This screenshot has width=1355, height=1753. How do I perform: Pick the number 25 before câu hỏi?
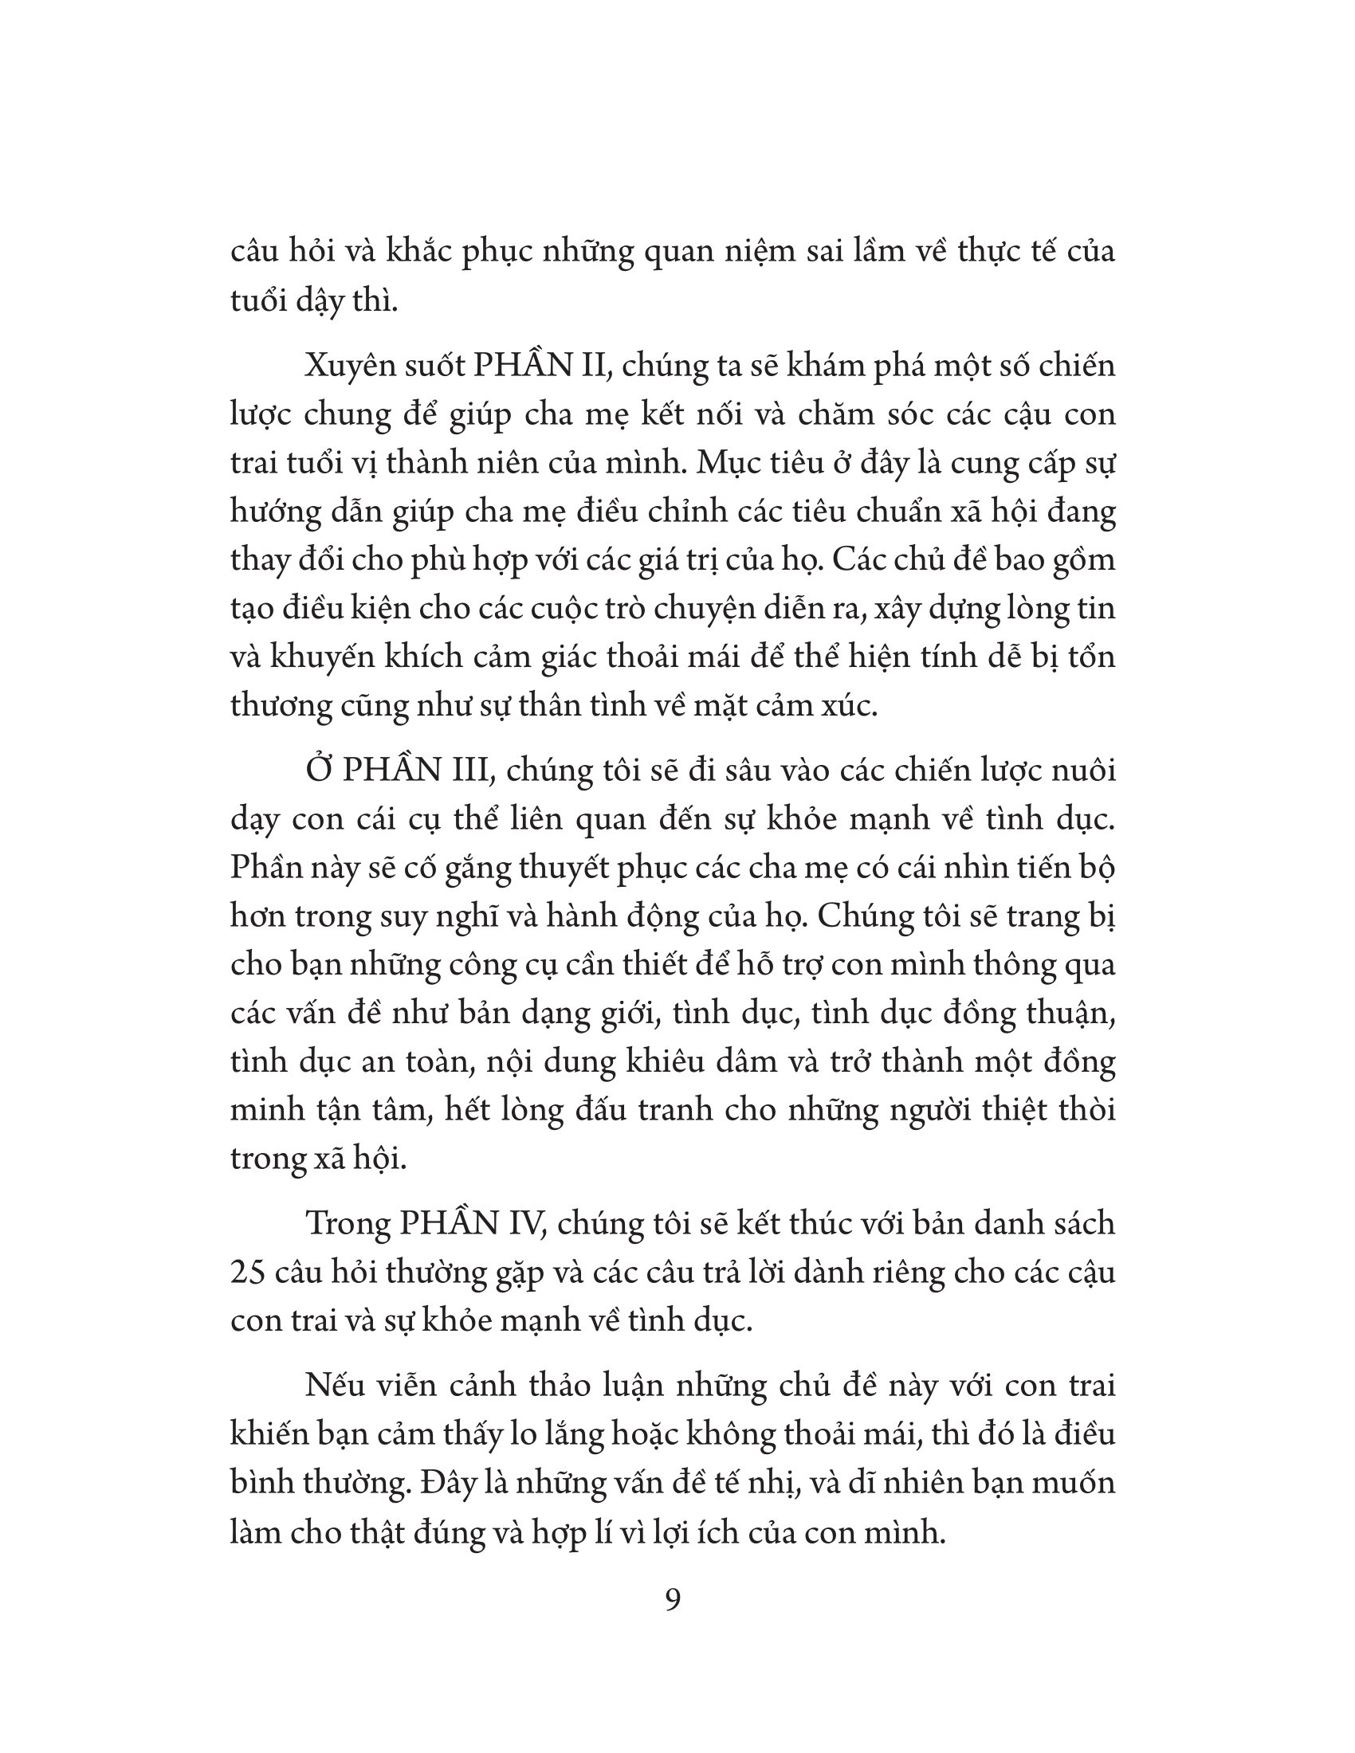point(246,1273)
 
